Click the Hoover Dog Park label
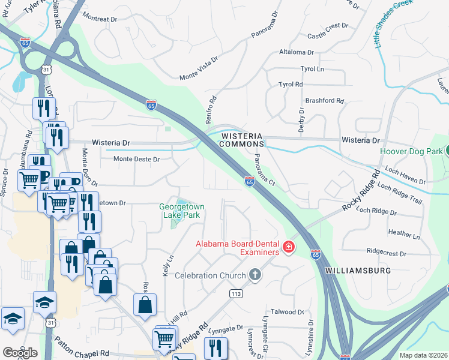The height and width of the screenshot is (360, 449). point(411,151)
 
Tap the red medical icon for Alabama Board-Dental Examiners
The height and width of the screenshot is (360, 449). point(288,247)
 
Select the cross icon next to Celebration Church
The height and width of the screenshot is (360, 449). point(255,275)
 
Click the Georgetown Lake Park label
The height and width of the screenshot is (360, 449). point(182,211)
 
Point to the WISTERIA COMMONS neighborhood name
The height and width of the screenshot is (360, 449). point(243,140)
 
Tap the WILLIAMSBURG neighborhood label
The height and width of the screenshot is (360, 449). point(358,271)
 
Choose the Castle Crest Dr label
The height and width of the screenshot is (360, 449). point(328,31)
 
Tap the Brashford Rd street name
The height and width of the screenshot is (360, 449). point(324,101)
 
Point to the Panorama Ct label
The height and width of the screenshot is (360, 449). point(264,170)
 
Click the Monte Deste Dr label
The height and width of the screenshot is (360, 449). point(136,159)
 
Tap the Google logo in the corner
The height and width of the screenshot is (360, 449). point(20,352)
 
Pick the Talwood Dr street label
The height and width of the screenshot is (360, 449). point(288,312)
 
